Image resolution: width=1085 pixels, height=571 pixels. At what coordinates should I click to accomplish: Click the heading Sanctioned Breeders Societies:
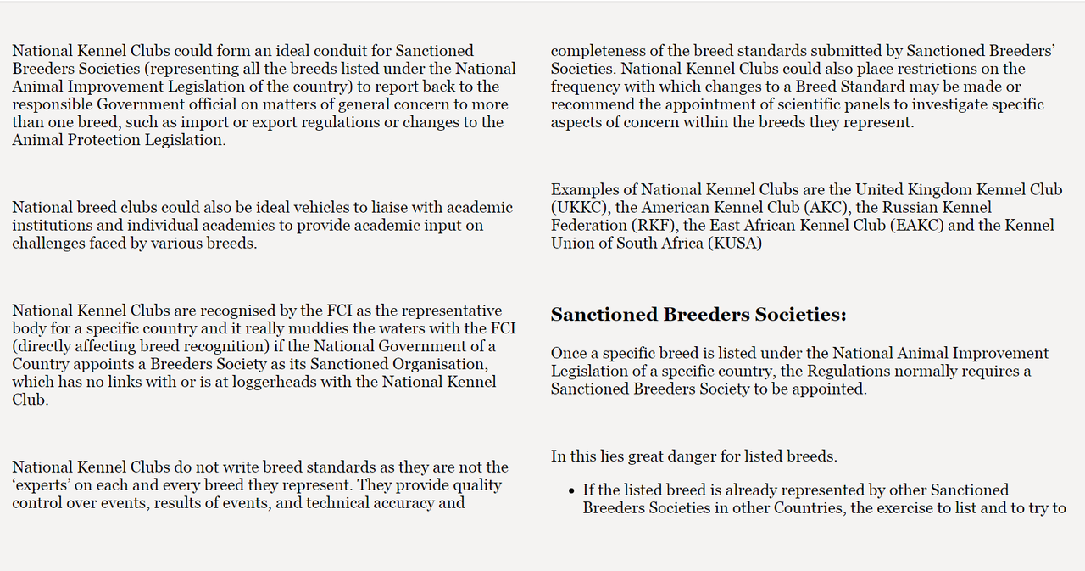698,315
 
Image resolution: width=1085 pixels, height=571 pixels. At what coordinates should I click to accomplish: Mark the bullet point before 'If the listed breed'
570,490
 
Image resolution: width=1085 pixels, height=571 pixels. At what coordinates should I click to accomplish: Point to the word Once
569,353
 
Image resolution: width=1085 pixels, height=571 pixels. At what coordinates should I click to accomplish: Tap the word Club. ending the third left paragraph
30,400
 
